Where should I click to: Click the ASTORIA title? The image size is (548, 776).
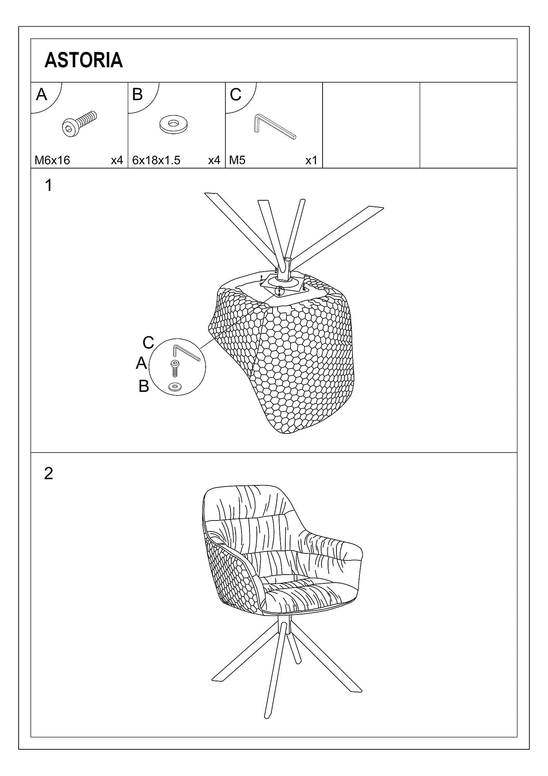(83, 60)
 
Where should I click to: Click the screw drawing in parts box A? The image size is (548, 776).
(80, 124)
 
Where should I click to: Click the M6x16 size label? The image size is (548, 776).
(52, 160)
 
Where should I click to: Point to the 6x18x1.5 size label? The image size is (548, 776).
(156, 160)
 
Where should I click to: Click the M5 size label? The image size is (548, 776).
(237, 160)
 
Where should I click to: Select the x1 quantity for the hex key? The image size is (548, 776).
(311, 160)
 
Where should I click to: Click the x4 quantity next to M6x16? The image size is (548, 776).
(117, 160)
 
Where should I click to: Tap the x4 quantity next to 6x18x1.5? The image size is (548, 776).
(214, 160)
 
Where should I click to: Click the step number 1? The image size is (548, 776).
(48, 186)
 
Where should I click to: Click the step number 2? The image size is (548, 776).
(49, 473)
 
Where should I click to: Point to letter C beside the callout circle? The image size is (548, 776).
(148, 343)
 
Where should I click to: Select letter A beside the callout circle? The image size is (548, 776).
(141, 363)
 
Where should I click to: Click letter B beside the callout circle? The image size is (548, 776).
(144, 386)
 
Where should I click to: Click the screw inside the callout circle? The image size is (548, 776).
(175, 368)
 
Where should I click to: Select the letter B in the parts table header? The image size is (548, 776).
(137, 94)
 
